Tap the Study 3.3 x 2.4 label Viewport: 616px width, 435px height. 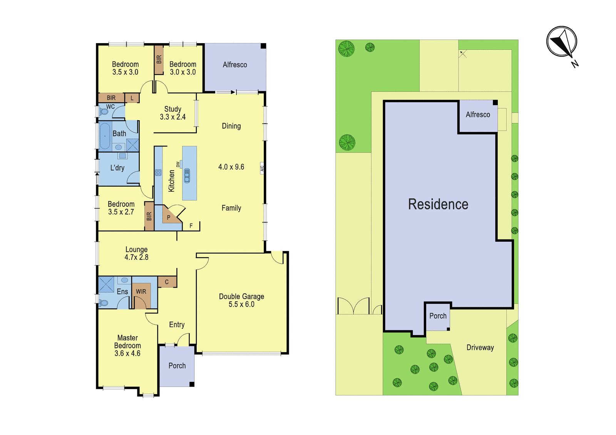[173, 113]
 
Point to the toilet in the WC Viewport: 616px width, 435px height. [104, 112]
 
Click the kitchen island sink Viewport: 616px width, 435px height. [187, 176]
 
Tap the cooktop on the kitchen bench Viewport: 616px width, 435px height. [158, 173]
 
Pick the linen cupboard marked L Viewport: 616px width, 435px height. [132, 98]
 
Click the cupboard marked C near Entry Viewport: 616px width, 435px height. [167, 282]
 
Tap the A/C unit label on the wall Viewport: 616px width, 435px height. [262, 168]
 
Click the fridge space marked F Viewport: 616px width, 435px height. [191, 226]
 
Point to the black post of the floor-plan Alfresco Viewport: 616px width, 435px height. [263, 46]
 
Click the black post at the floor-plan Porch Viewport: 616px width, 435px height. [192, 385]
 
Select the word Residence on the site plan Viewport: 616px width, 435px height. [438, 204]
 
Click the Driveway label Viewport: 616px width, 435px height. [480, 348]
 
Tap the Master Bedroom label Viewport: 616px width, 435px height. [127, 346]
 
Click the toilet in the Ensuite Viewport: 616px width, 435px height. [104, 303]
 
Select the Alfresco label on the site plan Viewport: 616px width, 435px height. [478, 115]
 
